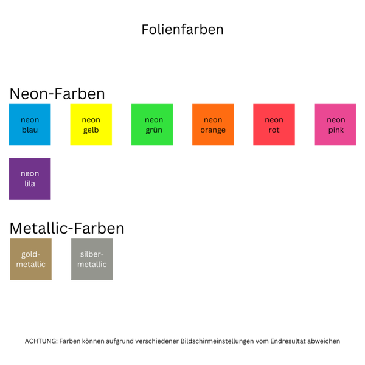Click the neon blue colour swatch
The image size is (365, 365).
click(x=30, y=125)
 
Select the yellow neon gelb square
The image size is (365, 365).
click(x=91, y=125)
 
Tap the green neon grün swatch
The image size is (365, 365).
click(x=152, y=125)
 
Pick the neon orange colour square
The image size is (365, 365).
click(x=213, y=125)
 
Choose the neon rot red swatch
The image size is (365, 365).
click(x=274, y=125)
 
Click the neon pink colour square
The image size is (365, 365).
click(x=335, y=125)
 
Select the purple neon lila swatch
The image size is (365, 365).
click(x=30, y=179)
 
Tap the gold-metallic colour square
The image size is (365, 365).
click(x=30, y=259)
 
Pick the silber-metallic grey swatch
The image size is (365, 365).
click(x=92, y=259)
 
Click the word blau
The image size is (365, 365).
click(x=30, y=130)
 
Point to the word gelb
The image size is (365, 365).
click(x=91, y=130)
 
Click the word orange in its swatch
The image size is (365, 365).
click(x=213, y=130)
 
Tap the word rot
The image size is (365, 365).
click(x=274, y=130)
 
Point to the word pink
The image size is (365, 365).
click(x=335, y=130)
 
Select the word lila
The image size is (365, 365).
click(x=30, y=184)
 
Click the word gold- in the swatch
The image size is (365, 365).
click(x=30, y=254)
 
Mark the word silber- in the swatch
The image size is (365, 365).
click(x=92, y=254)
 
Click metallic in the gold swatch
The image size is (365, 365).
click(x=30, y=265)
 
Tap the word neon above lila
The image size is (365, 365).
click(x=30, y=174)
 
